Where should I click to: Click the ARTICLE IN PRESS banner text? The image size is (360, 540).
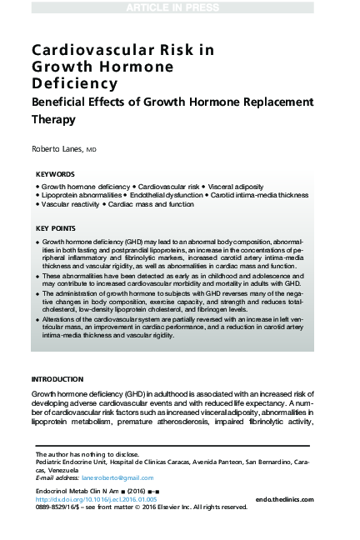pyautogui.click(x=179, y=7)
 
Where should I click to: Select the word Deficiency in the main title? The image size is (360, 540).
pyautogui.click(x=75, y=83)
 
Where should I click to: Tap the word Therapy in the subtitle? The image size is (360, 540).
pyautogui.click(x=53, y=119)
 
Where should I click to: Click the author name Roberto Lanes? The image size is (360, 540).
pyautogui.click(x=57, y=148)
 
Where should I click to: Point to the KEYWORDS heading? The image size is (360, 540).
pyautogui.click(x=55, y=173)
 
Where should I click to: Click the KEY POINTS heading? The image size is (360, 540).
pyautogui.click(x=56, y=227)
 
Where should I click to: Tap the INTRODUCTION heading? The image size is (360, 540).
pyautogui.click(x=57, y=379)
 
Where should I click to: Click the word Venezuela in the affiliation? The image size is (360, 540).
pyautogui.click(x=52, y=469)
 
